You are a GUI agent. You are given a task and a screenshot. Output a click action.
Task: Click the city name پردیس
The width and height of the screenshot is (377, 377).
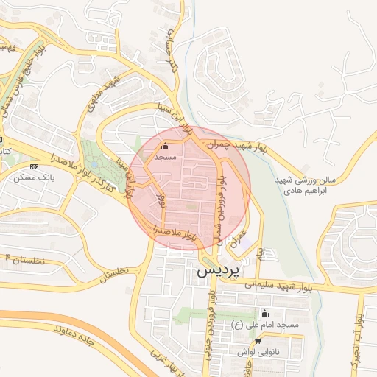pos(219,272)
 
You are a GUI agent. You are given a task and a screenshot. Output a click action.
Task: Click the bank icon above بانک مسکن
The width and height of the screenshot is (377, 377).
pos(34,166)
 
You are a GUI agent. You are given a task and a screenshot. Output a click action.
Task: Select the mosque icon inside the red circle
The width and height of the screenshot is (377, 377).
pos(164,146)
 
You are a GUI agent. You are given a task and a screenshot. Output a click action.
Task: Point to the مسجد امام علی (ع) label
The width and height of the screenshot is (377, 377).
pos(265,325)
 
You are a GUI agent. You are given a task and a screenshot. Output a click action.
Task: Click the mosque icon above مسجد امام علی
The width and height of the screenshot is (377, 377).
pos(265,314)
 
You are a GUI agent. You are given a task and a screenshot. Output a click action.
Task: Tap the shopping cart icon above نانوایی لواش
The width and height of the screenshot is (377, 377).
pos(258,341)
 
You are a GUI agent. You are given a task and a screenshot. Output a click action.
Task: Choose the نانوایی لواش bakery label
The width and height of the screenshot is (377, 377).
pos(274,352)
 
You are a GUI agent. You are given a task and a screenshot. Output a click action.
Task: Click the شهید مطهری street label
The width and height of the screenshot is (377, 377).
pos(103,96)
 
